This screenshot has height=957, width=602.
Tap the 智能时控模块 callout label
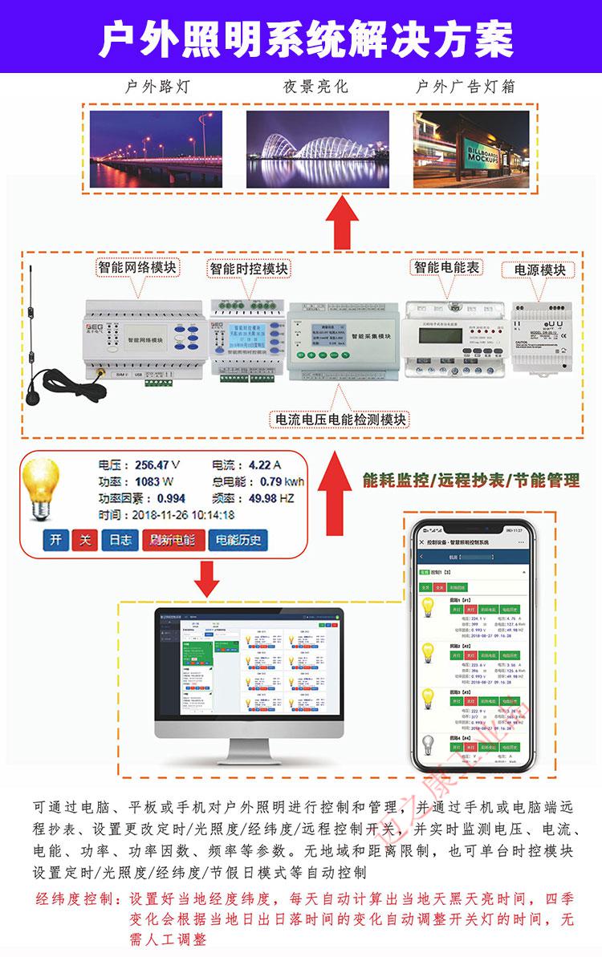(x=249, y=268)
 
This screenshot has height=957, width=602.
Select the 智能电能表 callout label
(x=445, y=266)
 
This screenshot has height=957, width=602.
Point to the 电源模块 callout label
(x=539, y=269)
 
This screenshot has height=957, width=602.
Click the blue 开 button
(x=55, y=539)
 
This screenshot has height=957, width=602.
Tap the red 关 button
(x=83, y=539)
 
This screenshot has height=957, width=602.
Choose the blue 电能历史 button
(x=234, y=539)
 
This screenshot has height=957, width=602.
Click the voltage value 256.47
(x=152, y=465)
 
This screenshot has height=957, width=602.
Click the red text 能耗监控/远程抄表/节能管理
(x=470, y=481)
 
